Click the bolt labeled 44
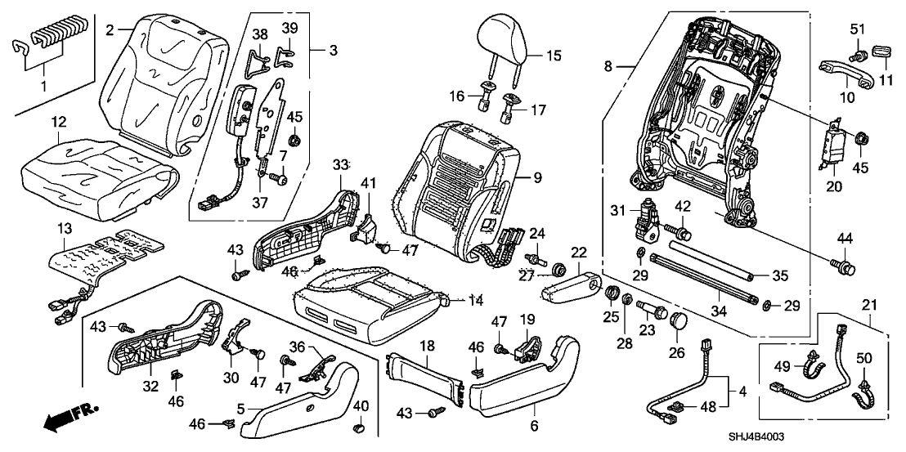coord(847,266)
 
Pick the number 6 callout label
coord(534,425)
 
